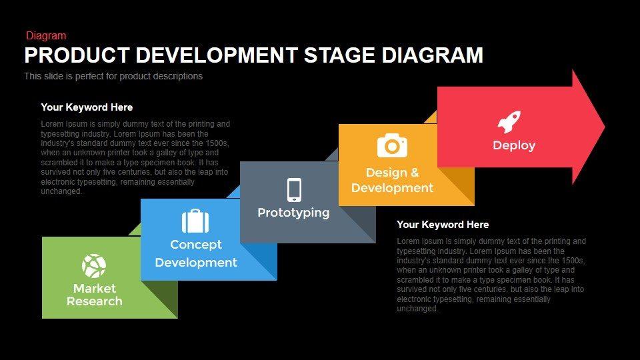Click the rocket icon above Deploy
click(509, 122)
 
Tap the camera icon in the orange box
click(392, 145)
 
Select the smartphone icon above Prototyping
click(294, 189)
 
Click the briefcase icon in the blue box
click(195, 221)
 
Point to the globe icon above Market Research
click(94, 265)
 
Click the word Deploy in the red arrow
click(514, 145)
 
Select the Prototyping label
click(293, 213)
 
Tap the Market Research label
click(94, 295)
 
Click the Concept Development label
click(196, 253)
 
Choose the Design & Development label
click(392, 181)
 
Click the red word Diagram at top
click(46, 36)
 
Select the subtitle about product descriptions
click(113, 76)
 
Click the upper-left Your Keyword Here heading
click(87, 107)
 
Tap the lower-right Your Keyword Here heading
click(443, 225)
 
